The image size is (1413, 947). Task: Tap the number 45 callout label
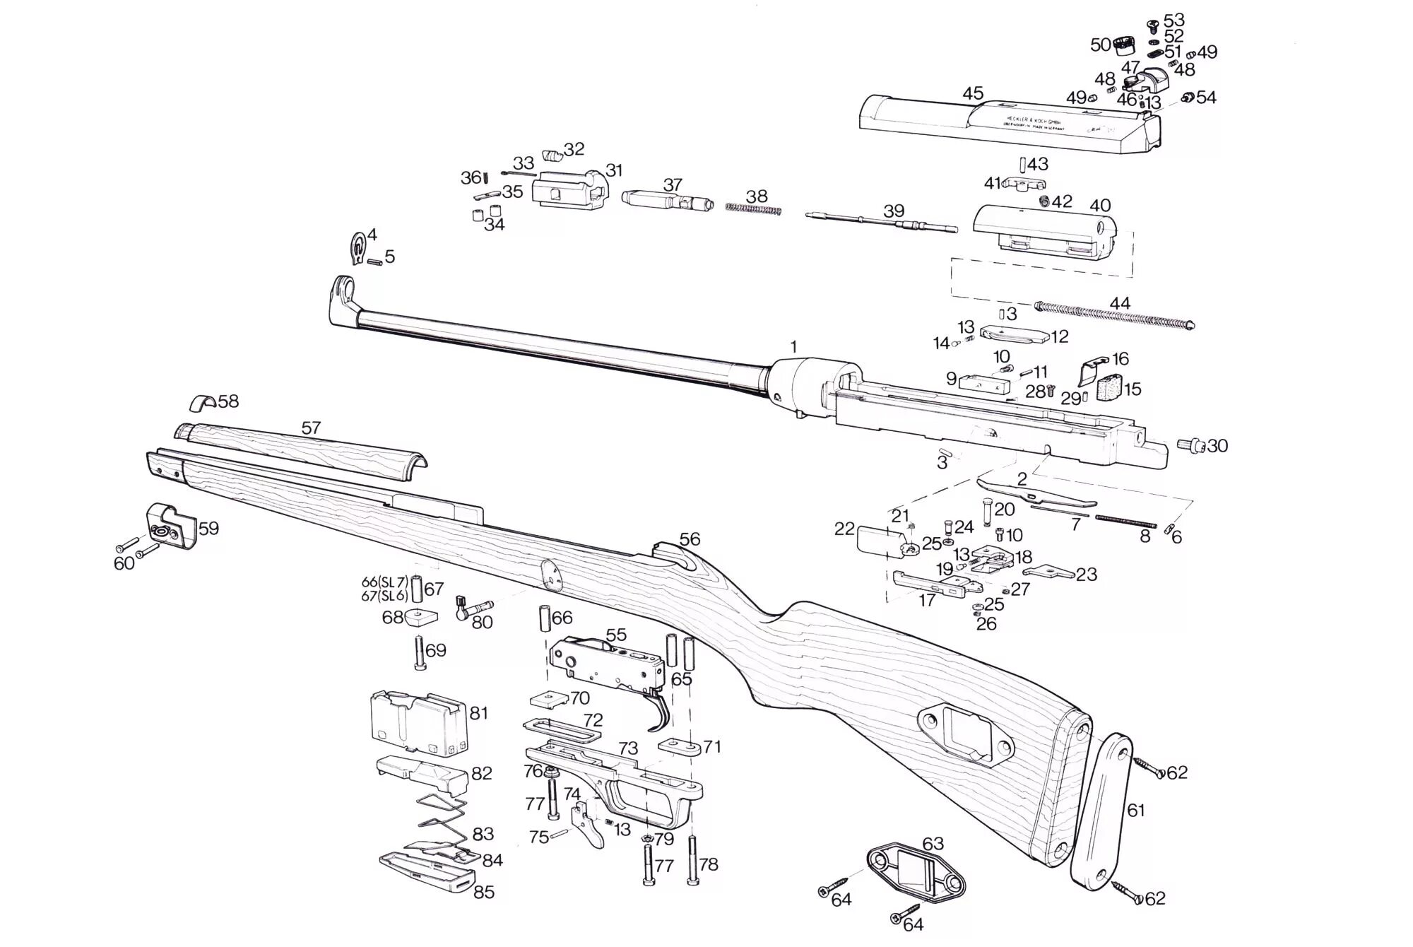click(973, 93)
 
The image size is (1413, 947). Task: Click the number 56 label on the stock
click(690, 539)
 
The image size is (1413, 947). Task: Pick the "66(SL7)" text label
click(384, 582)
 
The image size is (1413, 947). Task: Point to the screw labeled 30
click(1191, 445)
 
